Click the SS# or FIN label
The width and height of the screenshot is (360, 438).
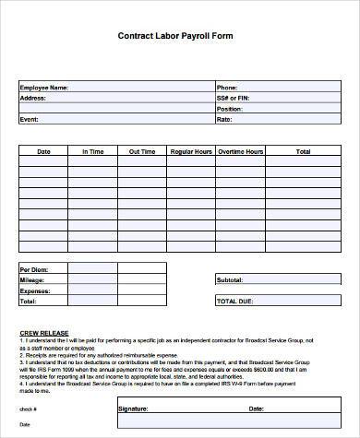coord(232,98)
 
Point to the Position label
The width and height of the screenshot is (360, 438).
coord(229,109)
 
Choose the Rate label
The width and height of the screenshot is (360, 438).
coord(223,120)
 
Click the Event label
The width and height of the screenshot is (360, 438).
coord(30,120)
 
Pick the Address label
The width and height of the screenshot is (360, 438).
coord(33,98)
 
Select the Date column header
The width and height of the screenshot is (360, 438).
coord(43,151)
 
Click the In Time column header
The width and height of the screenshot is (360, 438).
coord(92,151)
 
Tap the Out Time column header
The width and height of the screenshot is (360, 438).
coord(141,151)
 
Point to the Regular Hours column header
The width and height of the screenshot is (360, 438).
coord(191,151)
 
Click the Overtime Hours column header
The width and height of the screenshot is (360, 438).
coord(240,151)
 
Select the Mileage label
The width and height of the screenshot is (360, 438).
coord(32,279)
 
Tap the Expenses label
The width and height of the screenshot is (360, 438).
coord(35,290)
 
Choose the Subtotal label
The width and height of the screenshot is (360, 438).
coord(229,279)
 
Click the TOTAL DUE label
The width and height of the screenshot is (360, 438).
coord(233,302)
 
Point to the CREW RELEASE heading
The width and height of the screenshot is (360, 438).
coord(42,330)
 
